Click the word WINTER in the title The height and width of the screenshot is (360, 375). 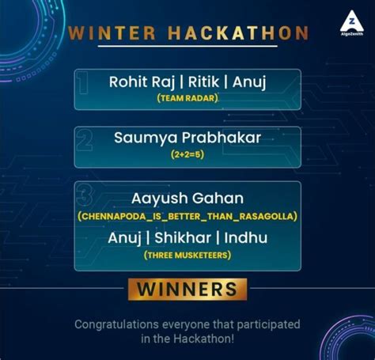coord(112,33)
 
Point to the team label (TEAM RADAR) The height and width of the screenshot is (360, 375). coord(187,98)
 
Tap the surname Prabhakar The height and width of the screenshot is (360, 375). coord(222,138)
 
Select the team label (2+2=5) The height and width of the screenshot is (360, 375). coord(187,156)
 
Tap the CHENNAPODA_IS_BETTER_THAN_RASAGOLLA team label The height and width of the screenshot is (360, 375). coord(187,215)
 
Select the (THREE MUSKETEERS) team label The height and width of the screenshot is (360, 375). coord(187,255)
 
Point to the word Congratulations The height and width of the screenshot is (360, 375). coord(119,324)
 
